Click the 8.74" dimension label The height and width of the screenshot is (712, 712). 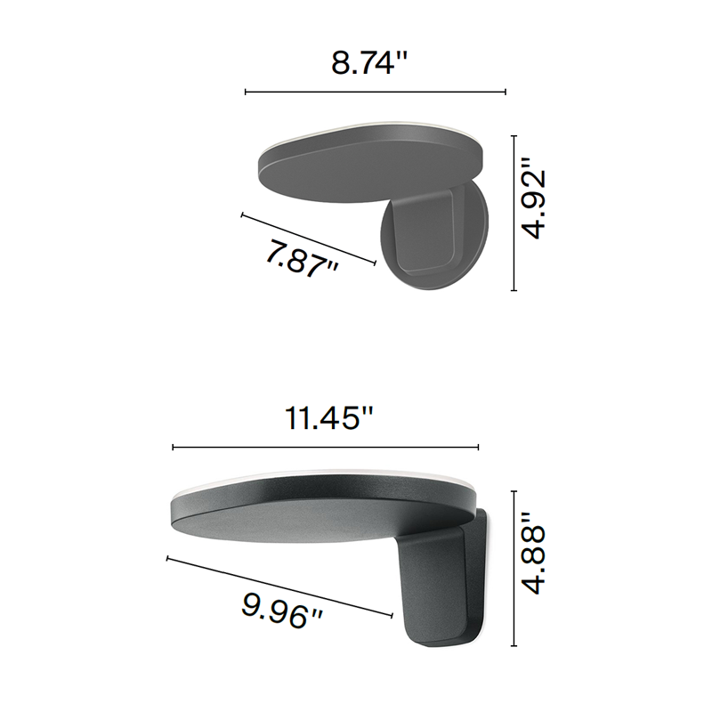(369, 63)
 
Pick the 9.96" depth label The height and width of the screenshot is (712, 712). (281, 611)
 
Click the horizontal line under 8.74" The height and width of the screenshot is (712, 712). (375, 92)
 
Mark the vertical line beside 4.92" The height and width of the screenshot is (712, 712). (514, 213)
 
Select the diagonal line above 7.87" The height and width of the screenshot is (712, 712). (308, 238)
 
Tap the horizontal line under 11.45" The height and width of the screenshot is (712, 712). (326, 448)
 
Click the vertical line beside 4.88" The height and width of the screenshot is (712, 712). (514, 569)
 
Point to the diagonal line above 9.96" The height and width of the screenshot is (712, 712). (279, 586)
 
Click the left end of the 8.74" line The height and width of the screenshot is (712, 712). (246, 92)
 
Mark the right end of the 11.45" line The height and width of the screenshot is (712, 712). (479, 448)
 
